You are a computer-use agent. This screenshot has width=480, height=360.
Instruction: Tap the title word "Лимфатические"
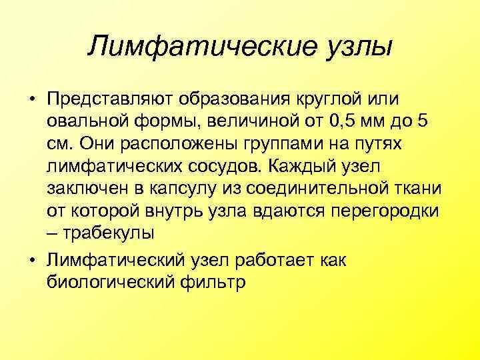point(193,47)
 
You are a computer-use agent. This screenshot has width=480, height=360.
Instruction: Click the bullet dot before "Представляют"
point(31,100)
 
